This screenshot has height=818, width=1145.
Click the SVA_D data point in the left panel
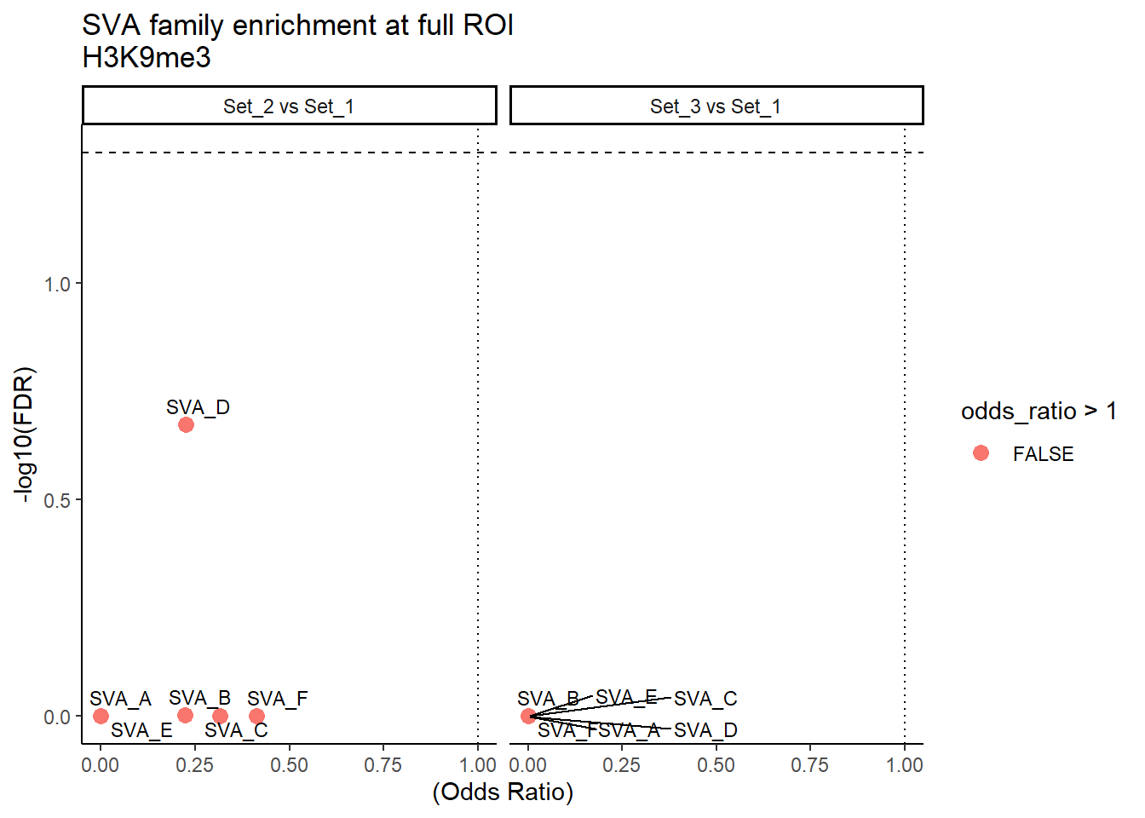point(186,424)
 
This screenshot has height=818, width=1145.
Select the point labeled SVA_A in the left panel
point(101,716)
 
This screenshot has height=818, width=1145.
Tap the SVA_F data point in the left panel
point(256,716)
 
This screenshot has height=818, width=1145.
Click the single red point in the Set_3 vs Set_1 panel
point(528,716)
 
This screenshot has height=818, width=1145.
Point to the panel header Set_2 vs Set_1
point(289,107)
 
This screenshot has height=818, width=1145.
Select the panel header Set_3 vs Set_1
point(716,107)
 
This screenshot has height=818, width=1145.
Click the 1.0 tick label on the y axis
point(57,284)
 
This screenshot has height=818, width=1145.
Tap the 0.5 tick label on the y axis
point(57,500)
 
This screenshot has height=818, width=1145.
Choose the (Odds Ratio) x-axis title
point(503,792)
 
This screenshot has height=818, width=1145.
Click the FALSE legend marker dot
point(981,453)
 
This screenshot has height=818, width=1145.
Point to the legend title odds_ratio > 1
point(1039,412)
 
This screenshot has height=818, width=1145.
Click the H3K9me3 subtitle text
point(147,58)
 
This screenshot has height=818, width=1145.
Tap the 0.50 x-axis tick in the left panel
point(289,765)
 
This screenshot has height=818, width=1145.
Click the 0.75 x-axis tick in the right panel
point(809,765)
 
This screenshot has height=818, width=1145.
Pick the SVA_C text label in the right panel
point(705,699)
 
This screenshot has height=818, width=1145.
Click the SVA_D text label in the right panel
point(705,730)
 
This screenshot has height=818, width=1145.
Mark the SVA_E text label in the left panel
point(141,730)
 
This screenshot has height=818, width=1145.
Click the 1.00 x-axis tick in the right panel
point(904,765)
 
